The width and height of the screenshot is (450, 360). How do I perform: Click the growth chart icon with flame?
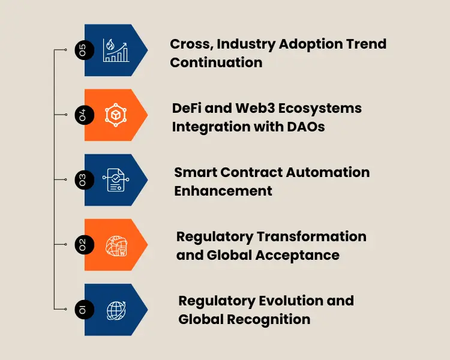pyautogui.click(x=116, y=50)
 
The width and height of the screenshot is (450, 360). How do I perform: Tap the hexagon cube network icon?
pyautogui.click(x=116, y=115)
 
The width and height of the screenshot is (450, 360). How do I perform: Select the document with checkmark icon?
pyautogui.click(x=116, y=179)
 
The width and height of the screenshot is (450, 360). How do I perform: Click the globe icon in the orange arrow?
pyautogui.click(x=116, y=244)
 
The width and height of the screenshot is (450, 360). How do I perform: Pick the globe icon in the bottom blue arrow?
pyautogui.click(x=116, y=309)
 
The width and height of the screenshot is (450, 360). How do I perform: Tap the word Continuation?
pyautogui.click(x=216, y=62)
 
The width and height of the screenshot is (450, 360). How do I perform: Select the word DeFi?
pyautogui.click(x=187, y=108)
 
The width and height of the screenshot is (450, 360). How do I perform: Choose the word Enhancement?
pyautogui.click(x=223, y=191)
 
